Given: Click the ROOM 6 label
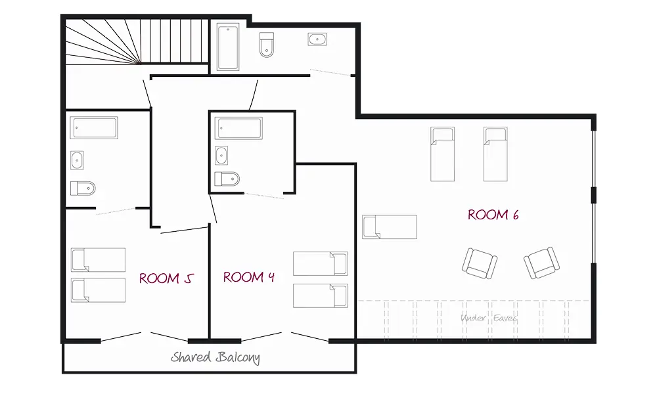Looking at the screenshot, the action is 493,215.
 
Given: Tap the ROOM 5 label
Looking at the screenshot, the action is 166,278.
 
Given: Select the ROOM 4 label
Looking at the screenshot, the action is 249,276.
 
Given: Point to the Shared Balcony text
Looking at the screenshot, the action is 215,358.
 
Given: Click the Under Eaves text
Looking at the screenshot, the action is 489,318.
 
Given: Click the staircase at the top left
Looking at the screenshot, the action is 137,41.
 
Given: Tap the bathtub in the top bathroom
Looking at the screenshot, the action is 229,47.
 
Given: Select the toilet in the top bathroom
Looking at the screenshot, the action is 267,45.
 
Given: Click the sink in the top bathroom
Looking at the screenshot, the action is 317,39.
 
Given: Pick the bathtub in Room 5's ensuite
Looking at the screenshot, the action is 94,127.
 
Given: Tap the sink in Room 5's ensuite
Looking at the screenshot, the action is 77,160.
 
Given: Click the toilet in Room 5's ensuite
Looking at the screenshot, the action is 83,188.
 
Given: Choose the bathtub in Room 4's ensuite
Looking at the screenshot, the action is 239,128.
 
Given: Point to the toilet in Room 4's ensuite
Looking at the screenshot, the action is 227,179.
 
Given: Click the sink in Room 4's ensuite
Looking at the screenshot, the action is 221,156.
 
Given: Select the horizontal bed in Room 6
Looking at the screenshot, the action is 390,227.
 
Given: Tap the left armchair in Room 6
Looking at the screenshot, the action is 480,263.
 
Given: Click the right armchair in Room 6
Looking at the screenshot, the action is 542,263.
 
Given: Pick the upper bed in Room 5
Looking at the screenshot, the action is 98,260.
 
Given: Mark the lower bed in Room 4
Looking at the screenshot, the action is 321,295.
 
